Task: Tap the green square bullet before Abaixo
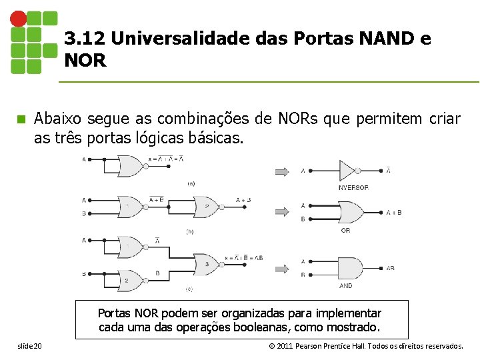click(21, 119)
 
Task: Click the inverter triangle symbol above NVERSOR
click(349, 171)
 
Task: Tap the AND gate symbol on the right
click(349, 268)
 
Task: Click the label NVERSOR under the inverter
click(353, 187)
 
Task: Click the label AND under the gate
click(346, 286)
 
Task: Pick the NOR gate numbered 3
click(206, 263)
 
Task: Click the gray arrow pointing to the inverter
click(283, 171)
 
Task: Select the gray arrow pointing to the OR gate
click(283, 212)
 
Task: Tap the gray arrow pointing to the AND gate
click(283, 268)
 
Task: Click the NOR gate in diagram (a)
click(131, 165)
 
